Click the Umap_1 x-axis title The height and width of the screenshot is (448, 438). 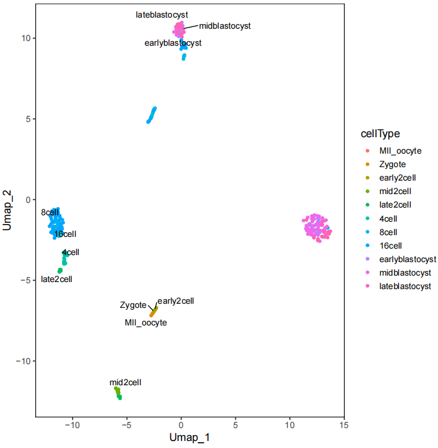click(189, 437)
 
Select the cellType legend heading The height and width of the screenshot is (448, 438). click(379, 134)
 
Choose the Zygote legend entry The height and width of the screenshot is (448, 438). click(392, 165)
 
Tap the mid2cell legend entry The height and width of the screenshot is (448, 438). click(395, 192)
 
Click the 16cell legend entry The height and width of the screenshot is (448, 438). click(392, 246)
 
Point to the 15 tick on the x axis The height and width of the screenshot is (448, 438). click(344, 423)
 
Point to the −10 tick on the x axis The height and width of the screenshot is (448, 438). click(72, 423)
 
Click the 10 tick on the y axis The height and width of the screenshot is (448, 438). click(26, 38)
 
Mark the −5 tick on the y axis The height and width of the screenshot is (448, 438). click(26, 280)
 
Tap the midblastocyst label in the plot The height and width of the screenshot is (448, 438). click(225, 26)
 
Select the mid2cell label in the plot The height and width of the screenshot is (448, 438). click(125, 382)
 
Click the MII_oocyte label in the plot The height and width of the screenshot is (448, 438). click(146, 323)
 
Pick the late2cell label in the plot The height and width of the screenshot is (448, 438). click(57, 279)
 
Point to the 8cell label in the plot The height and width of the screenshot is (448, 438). click(50, 212)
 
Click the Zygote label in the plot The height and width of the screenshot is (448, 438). click(133, 305)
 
